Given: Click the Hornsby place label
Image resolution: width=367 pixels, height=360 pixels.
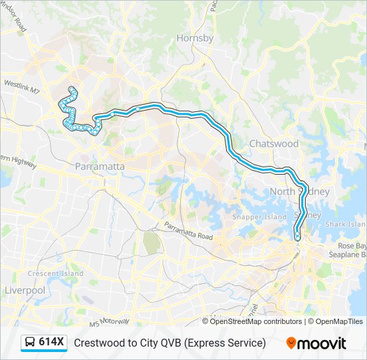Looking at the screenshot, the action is click(x=195, y=38).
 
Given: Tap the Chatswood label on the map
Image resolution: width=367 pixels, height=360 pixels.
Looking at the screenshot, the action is click(x=274, y=143).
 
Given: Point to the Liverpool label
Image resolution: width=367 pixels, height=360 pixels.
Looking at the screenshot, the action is click(x=25, y=290).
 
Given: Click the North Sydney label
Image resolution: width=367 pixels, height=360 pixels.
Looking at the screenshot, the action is click(x=300, y=191).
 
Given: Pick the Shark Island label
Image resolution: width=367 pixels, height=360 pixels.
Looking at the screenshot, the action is click(x=346, y=225).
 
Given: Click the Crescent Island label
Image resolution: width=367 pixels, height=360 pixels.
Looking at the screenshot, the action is click(x=55, y=273).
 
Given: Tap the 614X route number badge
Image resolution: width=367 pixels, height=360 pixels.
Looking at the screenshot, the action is click(x=51, y=343).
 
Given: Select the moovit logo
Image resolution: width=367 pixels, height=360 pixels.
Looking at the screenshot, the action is click(x=316, y=343).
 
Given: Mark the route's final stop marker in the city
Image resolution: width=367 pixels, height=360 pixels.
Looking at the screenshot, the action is click(x=298, y=237).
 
